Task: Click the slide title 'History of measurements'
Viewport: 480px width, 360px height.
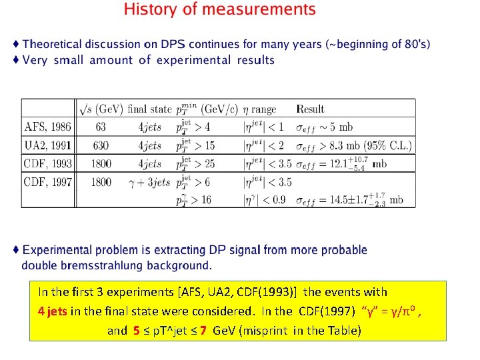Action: click(220, 10)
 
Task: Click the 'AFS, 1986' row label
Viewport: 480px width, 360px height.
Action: click(48, 127)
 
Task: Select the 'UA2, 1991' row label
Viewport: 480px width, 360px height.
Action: click(48, 145)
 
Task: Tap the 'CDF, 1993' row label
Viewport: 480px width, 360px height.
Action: click(48, 163)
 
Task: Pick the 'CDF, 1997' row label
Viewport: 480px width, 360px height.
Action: click(48, 181)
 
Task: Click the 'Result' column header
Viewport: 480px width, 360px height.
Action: click(310, 109)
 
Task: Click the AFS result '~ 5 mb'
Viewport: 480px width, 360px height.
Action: click(337, 127)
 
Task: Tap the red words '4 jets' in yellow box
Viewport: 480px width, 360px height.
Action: click(53, 311)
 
